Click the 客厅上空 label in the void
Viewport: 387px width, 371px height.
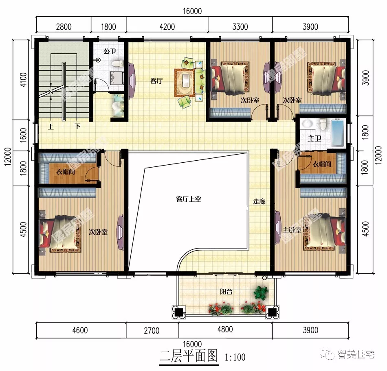click(x=189, y=199)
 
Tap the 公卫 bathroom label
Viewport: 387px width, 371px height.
click(x=110, y=52)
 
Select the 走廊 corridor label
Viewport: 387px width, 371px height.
click(x=259, y=201)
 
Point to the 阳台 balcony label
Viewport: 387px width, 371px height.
click(x=226, y=291)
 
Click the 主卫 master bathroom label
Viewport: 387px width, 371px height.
click(x=314, y=139)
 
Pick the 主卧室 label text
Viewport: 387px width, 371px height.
click(x=292, y=230)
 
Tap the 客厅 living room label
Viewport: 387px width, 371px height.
click(x=156, y=81)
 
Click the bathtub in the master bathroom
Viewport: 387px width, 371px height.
click(x=338, y=133)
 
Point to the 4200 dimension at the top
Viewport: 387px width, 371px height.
click(x=167, y=27)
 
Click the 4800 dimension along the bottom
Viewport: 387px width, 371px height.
click(x=225, y=330)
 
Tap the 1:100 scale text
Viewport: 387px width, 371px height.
click(x=235, y=358)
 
